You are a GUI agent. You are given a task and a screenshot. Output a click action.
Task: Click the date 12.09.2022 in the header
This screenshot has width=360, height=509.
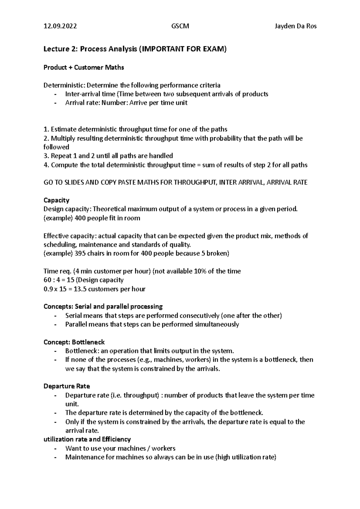[x=60, y=26]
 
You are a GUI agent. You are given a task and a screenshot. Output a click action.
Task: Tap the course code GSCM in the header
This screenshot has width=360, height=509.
[x=180, y=26]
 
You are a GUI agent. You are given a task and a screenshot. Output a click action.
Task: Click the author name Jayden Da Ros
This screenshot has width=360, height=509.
[x=295, y=26]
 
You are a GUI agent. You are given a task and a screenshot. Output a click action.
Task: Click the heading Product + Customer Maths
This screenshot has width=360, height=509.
[x=84, y=67]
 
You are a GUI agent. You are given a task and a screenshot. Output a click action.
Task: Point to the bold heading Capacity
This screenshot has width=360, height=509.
[x=56, y=200]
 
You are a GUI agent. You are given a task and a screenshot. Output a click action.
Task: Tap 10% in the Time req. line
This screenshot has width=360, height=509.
[x=200, y=271]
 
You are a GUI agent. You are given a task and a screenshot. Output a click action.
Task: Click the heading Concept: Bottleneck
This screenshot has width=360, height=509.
[x=74, y=342]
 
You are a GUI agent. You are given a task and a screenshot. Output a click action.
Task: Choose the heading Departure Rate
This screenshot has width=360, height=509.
[x=67, y=386]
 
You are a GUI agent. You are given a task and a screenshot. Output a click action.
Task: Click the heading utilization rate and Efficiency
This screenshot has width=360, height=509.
[x=87, y=439]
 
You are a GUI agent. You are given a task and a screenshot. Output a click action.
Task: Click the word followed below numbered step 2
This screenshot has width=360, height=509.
[x=56, y=147]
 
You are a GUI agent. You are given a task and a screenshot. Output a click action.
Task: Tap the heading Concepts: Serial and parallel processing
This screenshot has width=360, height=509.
[x=103, y=307]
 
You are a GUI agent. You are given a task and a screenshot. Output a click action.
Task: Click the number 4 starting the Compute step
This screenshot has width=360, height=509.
[x=46, y=165]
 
